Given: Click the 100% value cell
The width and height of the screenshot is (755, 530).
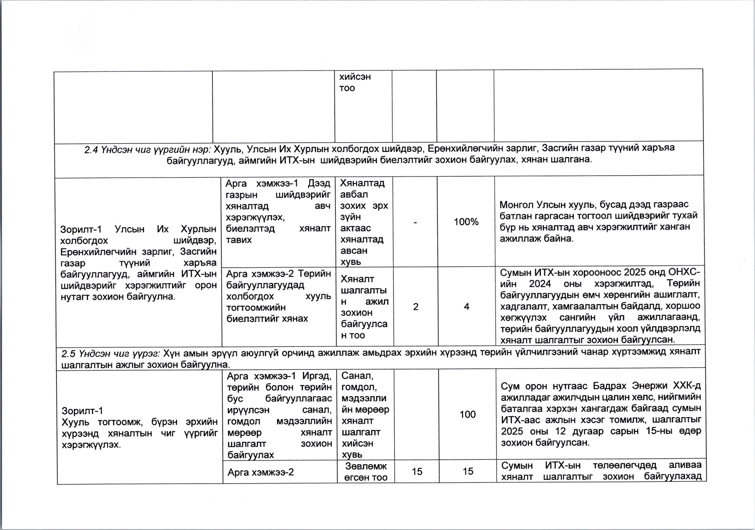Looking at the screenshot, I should tap(466, 222).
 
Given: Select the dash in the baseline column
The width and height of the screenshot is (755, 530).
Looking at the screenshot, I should tap(415, 222).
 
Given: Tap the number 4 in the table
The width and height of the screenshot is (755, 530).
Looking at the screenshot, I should tap(466, 306).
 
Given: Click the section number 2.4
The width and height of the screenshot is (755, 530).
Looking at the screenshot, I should tap(91, 150).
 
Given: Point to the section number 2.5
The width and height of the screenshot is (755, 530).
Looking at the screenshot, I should tap(68, 353).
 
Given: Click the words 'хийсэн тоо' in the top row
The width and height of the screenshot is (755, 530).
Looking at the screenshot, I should tap(355, 82).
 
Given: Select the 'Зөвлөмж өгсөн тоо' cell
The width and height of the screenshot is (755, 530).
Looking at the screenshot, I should tap(366, 472).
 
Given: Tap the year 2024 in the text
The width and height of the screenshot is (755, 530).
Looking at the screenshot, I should tap(540, 284).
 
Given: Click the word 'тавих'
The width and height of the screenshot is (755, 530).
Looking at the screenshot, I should tap(239, 240).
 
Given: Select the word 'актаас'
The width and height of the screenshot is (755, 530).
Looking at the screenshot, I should tap(356, 228).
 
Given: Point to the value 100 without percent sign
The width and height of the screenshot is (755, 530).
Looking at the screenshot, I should tap(467, 414).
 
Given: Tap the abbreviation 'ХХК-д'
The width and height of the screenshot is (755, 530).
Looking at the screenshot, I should tap(687, 386).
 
